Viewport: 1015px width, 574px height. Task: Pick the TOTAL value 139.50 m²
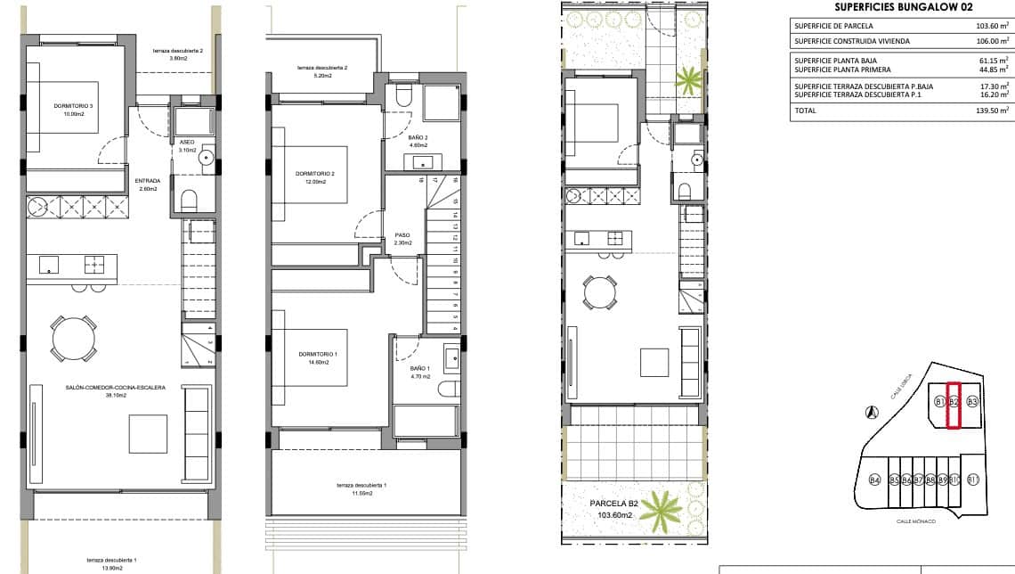(x=991, y=111)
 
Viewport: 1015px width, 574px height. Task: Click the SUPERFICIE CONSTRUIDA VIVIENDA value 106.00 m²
(x=991, y=40)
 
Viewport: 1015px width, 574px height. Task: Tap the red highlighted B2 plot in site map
(x=954, y=406)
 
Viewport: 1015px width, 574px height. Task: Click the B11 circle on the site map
(x=973, y=480)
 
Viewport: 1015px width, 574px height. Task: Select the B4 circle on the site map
(x=874, y=481)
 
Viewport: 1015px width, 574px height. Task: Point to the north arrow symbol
(x=873, y=412)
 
